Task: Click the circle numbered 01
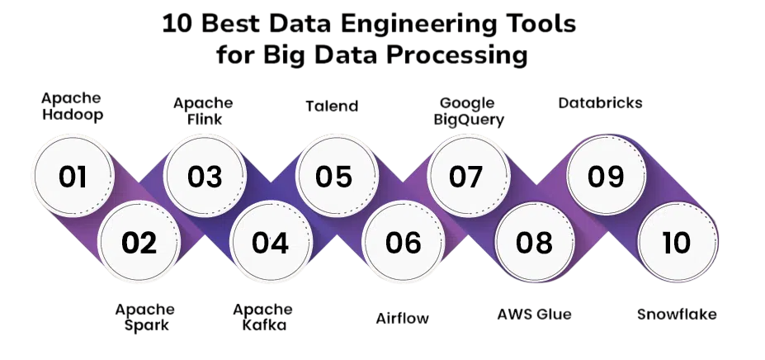[73, 177]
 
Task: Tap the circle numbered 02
[139, 242]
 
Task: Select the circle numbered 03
[205, 177]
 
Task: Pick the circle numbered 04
[271, 242]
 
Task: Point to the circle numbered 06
[403, 242]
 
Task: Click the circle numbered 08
[534, 242]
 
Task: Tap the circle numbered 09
[605, 177]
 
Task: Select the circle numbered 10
[676, 242]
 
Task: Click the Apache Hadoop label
[73, 107]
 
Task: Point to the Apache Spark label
[145, 317]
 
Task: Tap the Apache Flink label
[203, 111]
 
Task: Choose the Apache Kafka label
[262, 317]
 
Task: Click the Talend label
[332, 106]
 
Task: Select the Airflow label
[403, 318]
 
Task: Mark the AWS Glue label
[534, 314]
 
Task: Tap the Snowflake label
[677, 314]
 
